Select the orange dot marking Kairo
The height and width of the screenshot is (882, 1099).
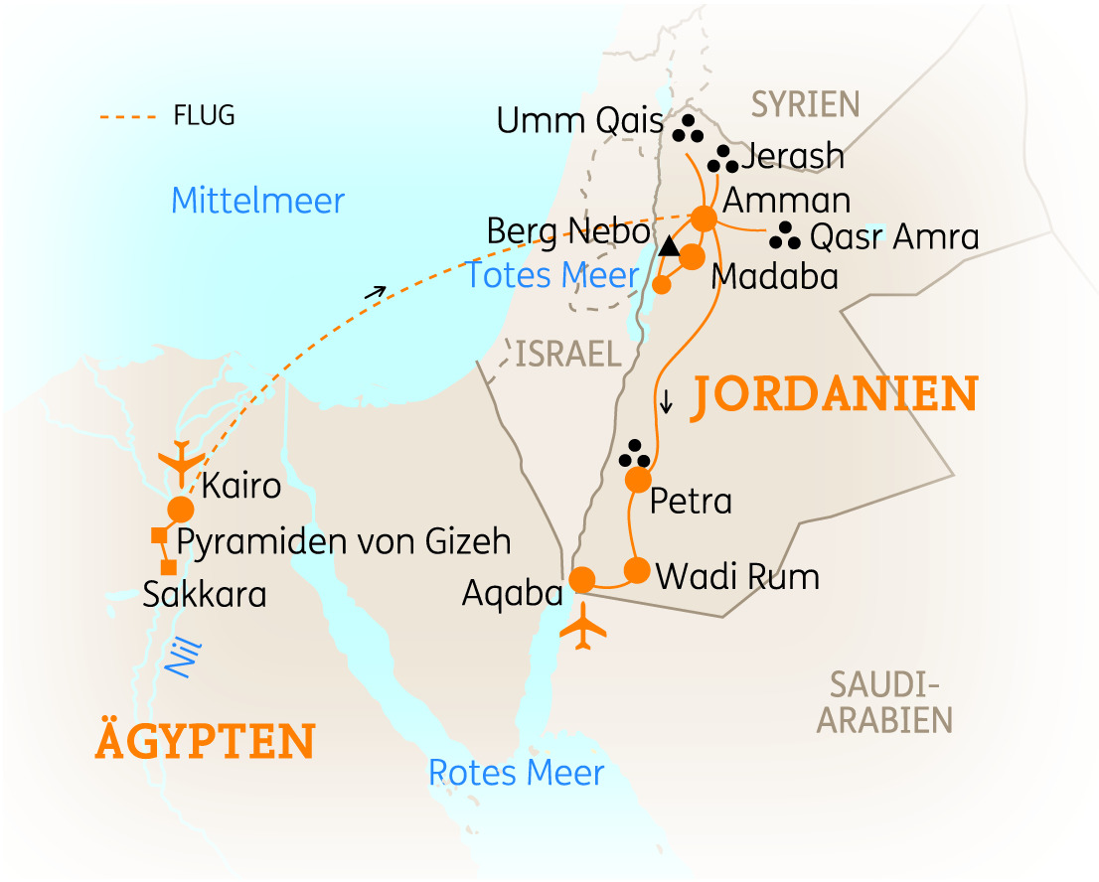(x=181, y=509)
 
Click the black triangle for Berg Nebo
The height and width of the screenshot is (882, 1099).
(x=670, y=245)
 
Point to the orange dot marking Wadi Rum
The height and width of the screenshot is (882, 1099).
(x=636, y=570)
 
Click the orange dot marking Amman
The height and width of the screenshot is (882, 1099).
(x=704, y=218)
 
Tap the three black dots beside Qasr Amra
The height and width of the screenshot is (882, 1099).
(x=785, y=235)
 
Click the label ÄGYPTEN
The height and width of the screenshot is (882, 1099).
(x=205, y=741)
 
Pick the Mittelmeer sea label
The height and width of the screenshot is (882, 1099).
(x=257, y=201)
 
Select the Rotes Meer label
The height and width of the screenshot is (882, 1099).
(x=516, y=772)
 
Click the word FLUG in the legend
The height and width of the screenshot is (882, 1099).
(x=205, y=115)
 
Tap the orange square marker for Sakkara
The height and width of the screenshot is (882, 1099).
(x=169, y=567)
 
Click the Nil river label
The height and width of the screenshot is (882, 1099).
(x=179, y=658)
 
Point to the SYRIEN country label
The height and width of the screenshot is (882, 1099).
(x=805, y=103)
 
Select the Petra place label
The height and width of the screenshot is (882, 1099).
(x=690, y=502)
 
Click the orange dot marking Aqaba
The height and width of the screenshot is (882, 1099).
(x=582, y=578)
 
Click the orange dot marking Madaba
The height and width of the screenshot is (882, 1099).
(x=692, y=256)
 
